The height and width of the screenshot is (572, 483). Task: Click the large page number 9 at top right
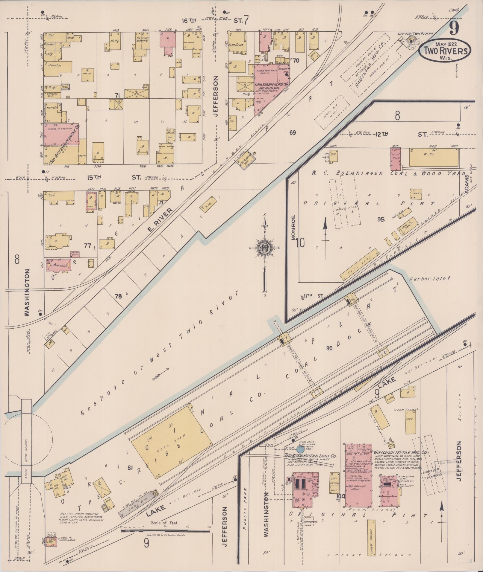[454, 29]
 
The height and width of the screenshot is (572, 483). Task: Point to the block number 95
[381, 219]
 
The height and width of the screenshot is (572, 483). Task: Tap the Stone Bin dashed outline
[332, 112]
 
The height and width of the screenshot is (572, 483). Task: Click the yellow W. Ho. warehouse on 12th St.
[433, 157]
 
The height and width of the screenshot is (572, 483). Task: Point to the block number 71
[117, 95]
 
